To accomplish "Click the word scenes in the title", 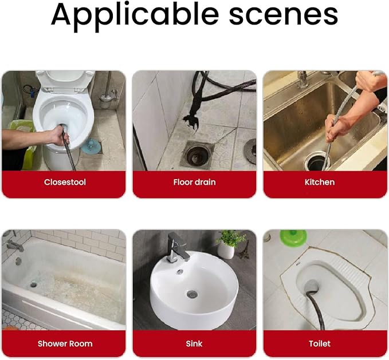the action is pos(284,15).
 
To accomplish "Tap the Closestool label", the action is pos(65,182).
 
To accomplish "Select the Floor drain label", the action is pos(195,182).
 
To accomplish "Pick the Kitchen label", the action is pos(320,182).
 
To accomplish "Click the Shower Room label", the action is pos(65,343).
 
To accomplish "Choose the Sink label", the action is pos(194,343).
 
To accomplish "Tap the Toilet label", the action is pos(320,343).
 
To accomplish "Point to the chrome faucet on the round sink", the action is pos(176,247).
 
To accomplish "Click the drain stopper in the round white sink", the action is pos(192,294).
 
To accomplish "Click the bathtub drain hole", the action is pos(33,284).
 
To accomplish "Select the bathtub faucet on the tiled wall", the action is pos(14,246).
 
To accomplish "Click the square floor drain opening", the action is pos(197,155).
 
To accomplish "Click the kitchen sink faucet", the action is pos(302,79).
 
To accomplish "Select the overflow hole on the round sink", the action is pos(180,271).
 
